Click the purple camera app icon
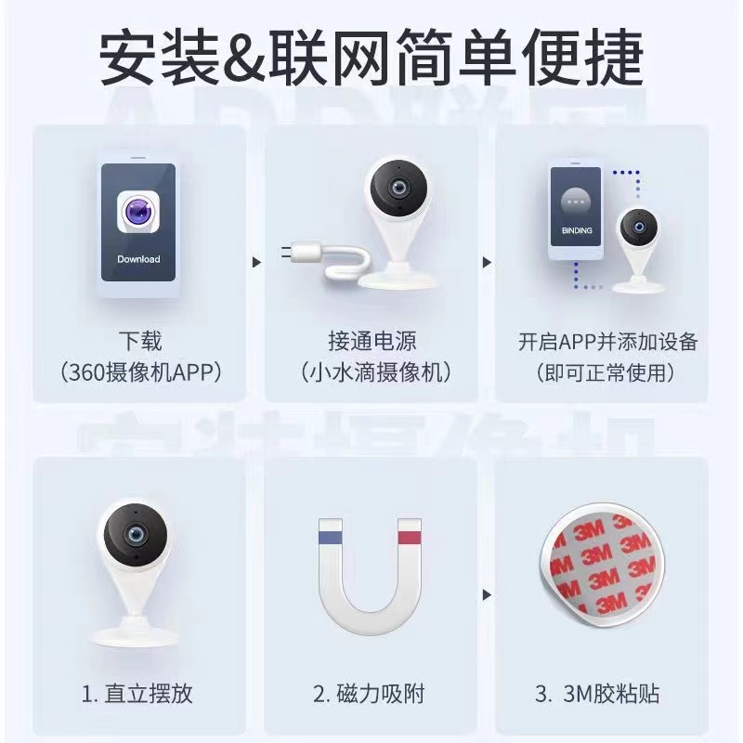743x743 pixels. (x=138, y=212)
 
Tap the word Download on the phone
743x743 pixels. (x=138, y=258)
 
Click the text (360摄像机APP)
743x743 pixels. (x=138, y=373)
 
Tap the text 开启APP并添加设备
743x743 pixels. (x=607, y=341)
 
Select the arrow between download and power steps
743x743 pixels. (x=257, y=262)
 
